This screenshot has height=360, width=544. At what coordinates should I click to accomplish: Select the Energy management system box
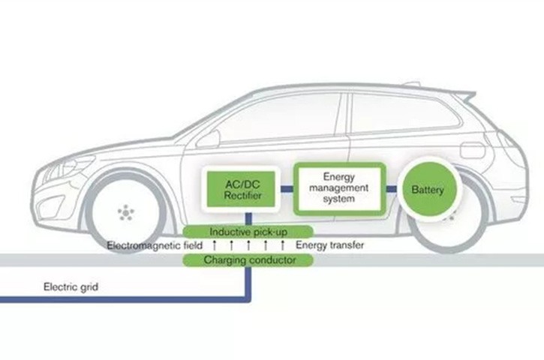coord(340,188)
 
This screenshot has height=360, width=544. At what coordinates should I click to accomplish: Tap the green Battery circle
coord(428,189)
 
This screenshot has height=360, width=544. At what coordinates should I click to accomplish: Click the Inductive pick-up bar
coord(248,232)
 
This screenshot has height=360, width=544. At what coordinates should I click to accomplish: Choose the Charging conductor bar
coord(248,260)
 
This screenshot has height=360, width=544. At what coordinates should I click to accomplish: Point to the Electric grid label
coord(71,287)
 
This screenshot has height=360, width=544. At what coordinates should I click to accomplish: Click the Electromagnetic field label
coord(155,246)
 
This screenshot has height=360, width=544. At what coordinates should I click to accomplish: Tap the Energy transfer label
coord(330,245)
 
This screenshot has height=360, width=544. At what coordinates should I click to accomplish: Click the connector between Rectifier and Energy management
coord(287,189)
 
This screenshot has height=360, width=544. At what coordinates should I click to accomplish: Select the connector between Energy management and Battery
coord(392,189)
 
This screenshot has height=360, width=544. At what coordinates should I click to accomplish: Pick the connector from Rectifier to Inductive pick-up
coord(248,219)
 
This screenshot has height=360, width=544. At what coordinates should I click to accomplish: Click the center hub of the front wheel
coord(125,212)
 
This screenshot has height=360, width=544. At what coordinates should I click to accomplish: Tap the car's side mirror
coord(209,139)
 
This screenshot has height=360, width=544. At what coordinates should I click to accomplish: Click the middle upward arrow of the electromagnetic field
coord(248,245)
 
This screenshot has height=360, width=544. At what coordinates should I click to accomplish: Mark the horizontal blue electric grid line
coord(125,299)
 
